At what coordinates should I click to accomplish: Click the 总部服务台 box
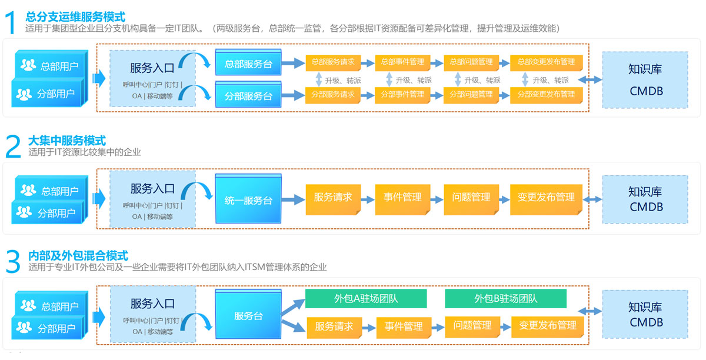pyautogui.click(x=248, y=63)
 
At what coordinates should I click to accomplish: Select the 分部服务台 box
pyautogui.click(x=248, y=95)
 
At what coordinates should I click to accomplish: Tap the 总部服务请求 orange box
pyautogui.click(x=332, y=62)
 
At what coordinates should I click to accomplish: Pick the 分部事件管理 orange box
pyautogui.click(x=402, y=94)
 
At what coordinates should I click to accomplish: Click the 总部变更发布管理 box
pyautogui.click(x=546, y=62)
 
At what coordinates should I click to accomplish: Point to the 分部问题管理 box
pyautogui.click(x=471, y=94)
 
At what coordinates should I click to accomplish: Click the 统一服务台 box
pyautogui.click(x=248, y=200)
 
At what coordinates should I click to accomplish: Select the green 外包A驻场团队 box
pyautogui.click(x=365, y=299)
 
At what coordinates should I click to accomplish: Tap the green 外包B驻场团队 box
pyautogui.click(x=505, y=299)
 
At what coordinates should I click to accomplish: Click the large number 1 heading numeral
pyautogui.click(x=11, y=24)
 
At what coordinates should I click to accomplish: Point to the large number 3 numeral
pyautogui.click(x=12, y=262)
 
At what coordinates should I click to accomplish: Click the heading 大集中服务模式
pyautogui.click(x=66, y=141)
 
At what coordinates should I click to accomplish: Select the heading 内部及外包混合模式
pyautogui.click(x=78, y=256)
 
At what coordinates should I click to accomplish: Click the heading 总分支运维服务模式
pyautogui.click(x=75, y=17)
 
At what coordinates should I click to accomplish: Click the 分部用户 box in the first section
pyautogui.click(x=49, y=94)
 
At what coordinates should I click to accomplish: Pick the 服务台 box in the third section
pyautogui.click(x=248, y=316)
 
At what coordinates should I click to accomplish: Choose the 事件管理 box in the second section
pyautogui.click(x=402, y=198)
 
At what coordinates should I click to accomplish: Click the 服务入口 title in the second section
pyautogui.click(x=152, y=189)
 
